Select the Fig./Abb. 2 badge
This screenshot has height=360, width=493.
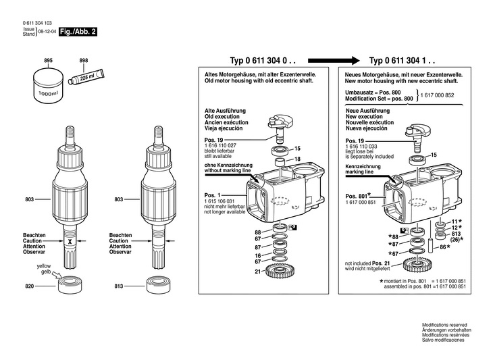78,32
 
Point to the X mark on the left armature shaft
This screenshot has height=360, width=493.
68,242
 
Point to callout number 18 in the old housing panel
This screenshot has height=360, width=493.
297,159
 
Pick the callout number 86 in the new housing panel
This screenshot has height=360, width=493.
442,248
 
